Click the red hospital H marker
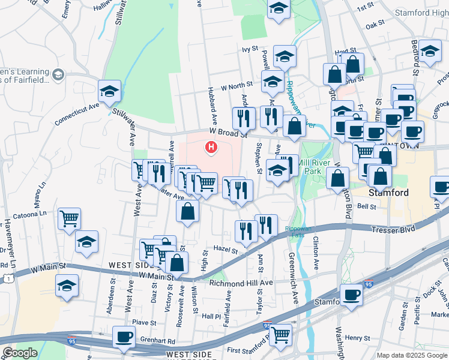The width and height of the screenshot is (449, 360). (211, 146)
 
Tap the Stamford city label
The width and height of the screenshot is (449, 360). (388, 193)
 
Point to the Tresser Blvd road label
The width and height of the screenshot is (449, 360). (393, 229)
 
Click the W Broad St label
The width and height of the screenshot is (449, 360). (228, 133)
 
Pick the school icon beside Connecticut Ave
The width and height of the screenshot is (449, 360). (109, 91)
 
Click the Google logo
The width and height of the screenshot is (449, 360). (19, 353)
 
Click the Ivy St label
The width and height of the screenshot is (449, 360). (250, 50)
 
